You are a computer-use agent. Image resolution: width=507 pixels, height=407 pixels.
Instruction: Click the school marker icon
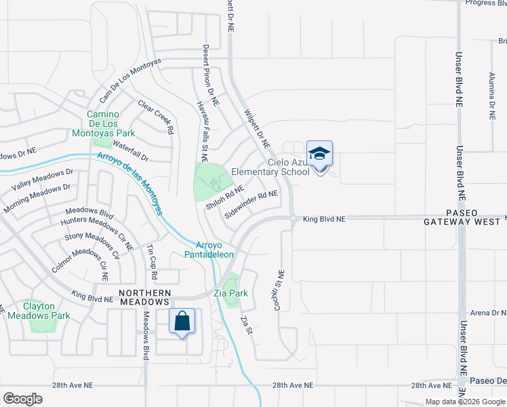[320, 154]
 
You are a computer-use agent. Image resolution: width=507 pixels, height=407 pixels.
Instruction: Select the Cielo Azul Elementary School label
[270, 168]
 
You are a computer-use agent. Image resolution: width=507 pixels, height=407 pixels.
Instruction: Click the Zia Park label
[230, 294]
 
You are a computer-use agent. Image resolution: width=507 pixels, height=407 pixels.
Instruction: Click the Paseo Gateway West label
[464, 218]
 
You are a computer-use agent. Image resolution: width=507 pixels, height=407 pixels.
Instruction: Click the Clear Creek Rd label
[156, 116]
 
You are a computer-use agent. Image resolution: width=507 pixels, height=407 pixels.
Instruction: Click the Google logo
[22, 399]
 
